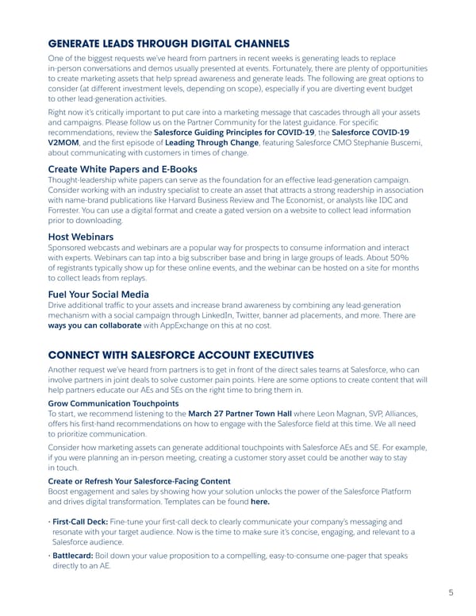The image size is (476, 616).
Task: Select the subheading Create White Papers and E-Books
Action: [x=122, y=169]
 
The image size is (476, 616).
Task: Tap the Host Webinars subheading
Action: [x=80, y=237]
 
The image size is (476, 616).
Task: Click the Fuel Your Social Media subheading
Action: [x=98, y=294]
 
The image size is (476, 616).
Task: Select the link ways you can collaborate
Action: [x=94, y=325]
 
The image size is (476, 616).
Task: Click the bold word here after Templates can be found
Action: [x=259, y=502]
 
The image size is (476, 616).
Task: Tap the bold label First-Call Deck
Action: [x=81, y=521]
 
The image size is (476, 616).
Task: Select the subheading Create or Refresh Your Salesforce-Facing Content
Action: [x=140, y=481]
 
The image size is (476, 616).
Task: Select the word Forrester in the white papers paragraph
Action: [x=69, y=211]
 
